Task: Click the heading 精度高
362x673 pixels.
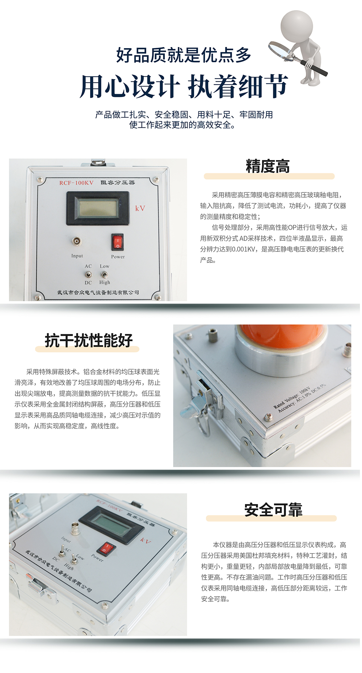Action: (268, 166)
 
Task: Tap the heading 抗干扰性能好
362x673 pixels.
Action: (89, 340)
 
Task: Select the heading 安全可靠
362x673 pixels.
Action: (273, 510)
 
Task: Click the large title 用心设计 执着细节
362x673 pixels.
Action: (184, 86)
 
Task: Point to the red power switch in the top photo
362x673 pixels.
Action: (117, 242)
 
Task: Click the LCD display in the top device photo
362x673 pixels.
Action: (98, 208)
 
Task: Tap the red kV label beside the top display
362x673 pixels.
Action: (140, 208)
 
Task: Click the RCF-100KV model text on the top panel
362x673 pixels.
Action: (76, 183)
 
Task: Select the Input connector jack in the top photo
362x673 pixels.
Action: (77, 241)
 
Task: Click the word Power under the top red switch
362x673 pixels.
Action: (118, 257)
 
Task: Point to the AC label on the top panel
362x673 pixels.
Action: (88, 266)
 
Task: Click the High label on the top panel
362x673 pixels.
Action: (105, 282)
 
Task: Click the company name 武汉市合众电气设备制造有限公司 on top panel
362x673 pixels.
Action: (98, 292)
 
